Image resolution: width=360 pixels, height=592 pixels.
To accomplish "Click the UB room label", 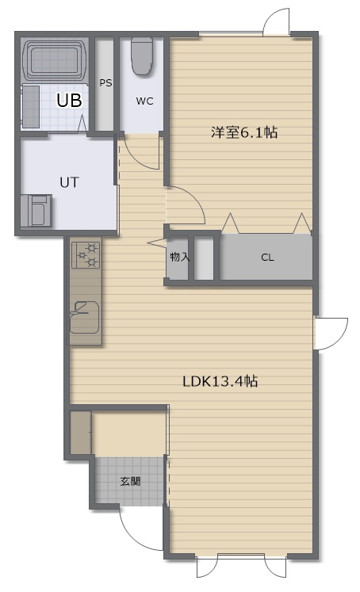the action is (69, 101).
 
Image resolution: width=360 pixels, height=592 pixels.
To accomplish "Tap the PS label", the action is (105, 82).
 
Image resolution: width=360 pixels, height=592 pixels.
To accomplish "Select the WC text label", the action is (144, 101).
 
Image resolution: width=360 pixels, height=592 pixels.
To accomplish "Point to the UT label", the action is (70, 183).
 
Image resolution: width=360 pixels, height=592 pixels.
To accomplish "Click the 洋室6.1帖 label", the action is (244, 132).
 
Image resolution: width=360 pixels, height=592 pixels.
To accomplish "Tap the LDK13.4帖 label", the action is (220, 381).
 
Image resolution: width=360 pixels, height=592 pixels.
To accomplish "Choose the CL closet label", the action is (267, 258).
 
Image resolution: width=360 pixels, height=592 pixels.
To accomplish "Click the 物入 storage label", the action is (179, 257).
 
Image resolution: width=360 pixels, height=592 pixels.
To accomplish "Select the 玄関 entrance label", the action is (130, 481).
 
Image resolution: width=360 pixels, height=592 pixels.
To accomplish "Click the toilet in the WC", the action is (142, 55).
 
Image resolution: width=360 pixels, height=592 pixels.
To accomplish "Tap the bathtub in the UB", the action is (56, 59).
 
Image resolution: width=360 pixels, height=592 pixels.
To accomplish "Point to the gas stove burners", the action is (86, 255).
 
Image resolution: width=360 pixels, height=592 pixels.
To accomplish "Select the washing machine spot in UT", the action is (36, 211).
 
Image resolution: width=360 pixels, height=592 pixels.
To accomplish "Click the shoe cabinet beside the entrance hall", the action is (80, 433).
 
